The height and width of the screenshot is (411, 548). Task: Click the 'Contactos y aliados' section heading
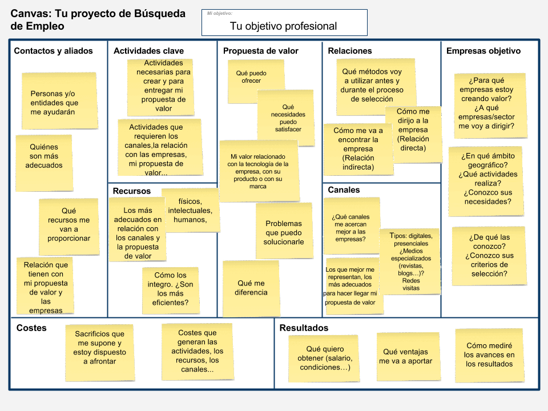[53, 51]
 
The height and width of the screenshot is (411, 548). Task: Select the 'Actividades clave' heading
[148, 51]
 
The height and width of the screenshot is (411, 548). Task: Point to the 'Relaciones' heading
[349, 51]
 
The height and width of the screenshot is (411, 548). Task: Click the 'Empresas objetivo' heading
[483, 51]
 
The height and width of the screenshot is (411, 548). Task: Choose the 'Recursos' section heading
[131, 191]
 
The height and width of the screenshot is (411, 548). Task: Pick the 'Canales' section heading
[344, 190]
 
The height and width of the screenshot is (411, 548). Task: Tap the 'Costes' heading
[31, 328]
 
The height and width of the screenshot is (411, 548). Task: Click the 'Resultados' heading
[304, 328]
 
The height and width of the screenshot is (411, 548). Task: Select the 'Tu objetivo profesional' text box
[284, 26]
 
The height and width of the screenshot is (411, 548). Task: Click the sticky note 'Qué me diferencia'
[251, 288]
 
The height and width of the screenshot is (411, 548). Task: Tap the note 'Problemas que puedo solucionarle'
[284, 232]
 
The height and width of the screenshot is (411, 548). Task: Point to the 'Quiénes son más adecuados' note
[44, 156]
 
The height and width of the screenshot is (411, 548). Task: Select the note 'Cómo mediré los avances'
[489, 354]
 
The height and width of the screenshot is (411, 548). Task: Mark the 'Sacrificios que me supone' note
[99, 348]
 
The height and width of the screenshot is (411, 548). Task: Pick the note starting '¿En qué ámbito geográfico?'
[487, 179]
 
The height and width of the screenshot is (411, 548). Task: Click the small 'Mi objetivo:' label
[220, 13]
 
